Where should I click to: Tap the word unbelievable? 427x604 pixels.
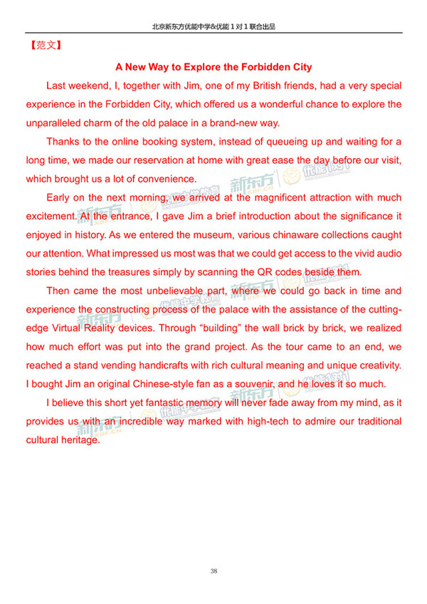182,291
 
